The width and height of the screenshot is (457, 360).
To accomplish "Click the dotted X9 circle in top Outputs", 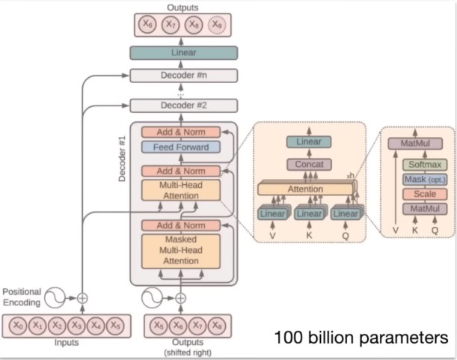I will (216, 25).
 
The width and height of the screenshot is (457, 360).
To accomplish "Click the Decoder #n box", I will (183, 76).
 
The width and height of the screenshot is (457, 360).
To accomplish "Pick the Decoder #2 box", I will (183, 106).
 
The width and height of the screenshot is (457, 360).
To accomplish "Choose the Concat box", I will (309, 163).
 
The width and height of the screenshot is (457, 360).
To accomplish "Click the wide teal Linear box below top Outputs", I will (183, 52).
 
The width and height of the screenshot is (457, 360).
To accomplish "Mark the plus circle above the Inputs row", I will (83, 297).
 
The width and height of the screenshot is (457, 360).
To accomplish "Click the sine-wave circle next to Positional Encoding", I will (55, 297).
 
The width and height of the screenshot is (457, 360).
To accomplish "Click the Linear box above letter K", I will (309, 214).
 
